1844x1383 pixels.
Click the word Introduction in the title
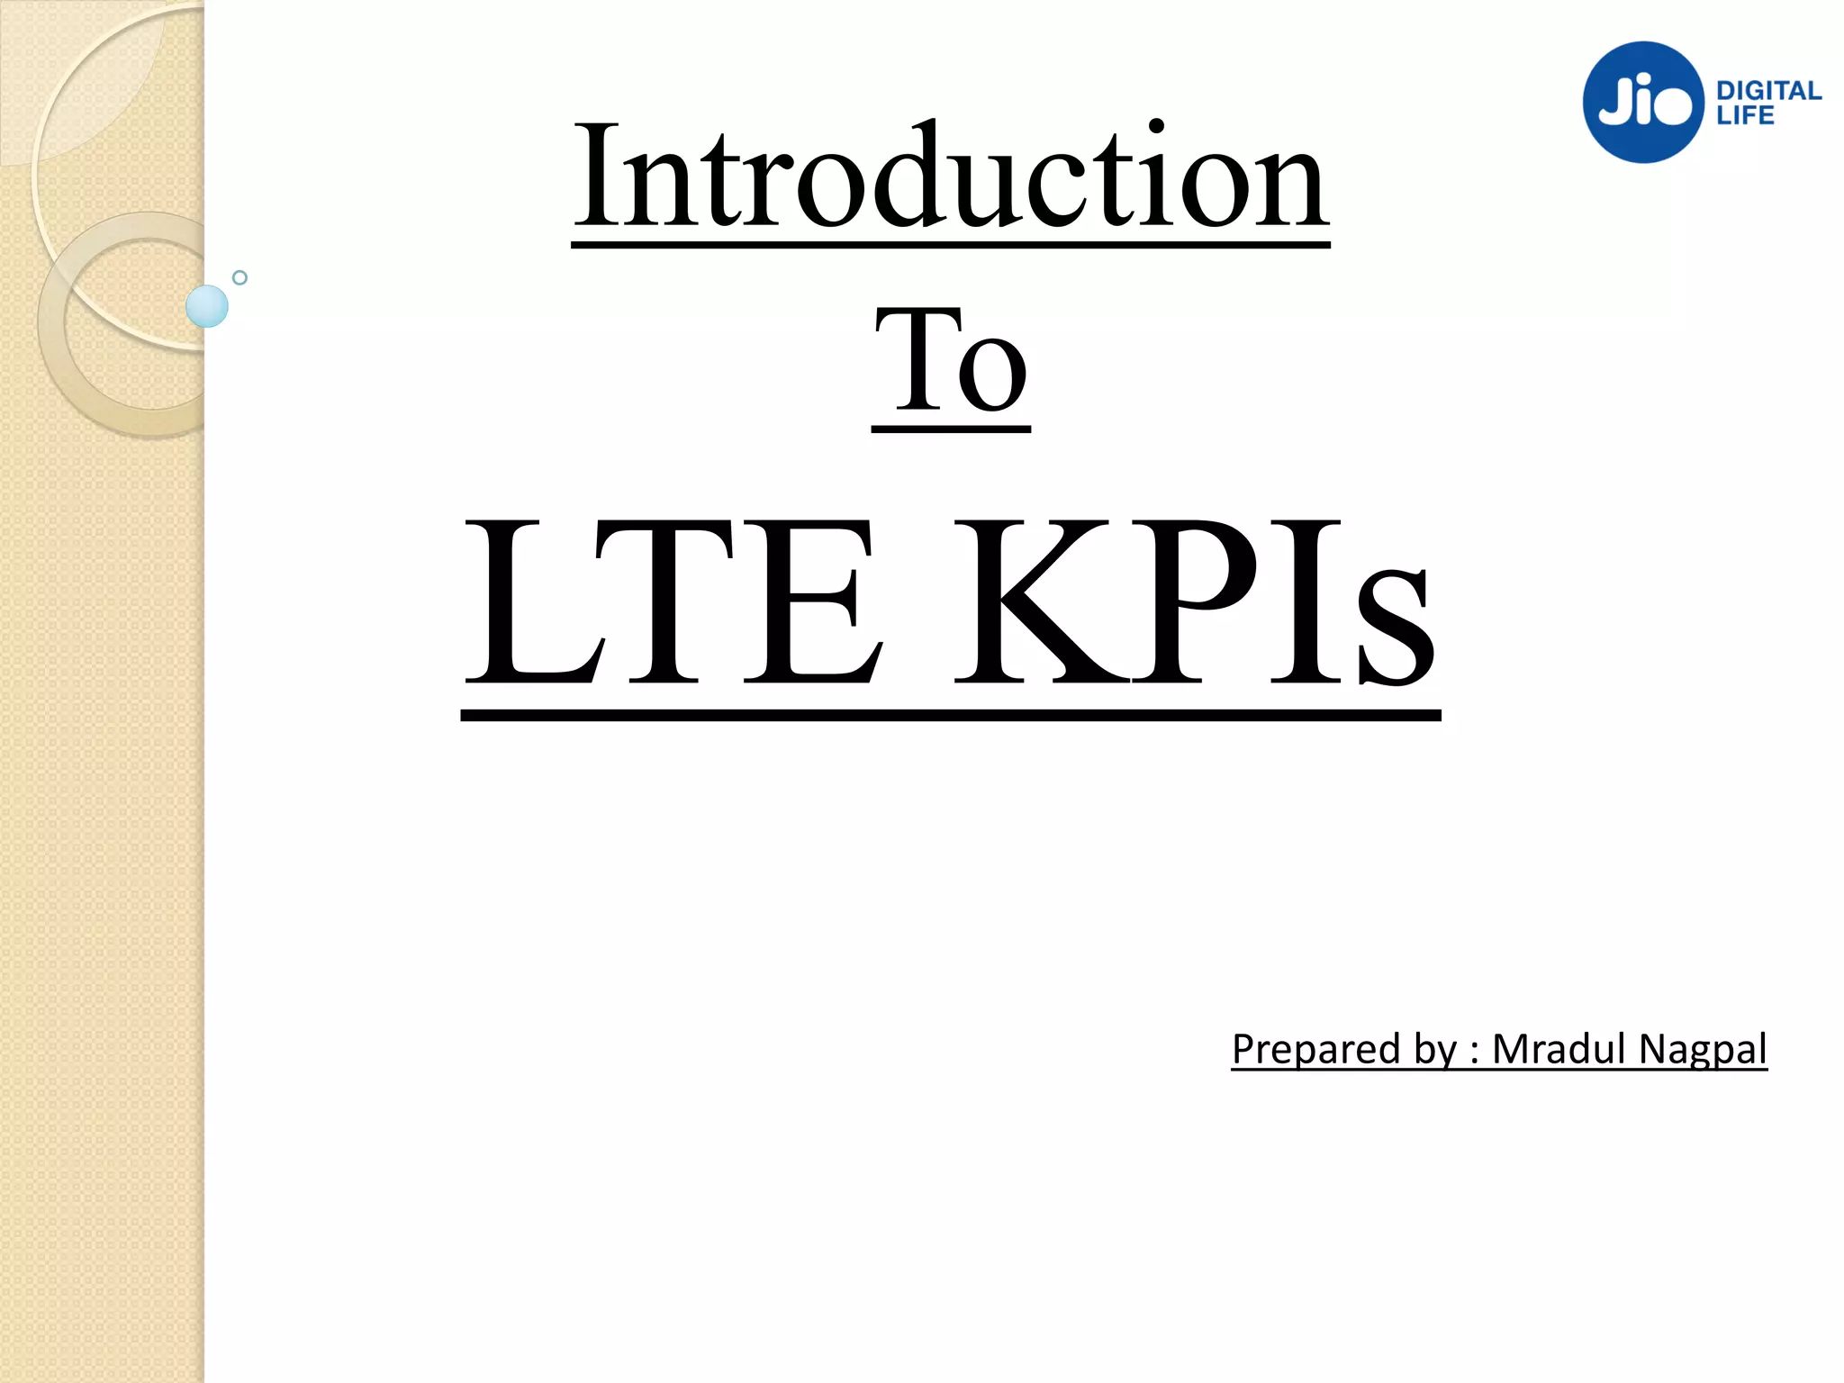coord(950,176)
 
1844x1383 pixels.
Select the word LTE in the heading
coord(671,601)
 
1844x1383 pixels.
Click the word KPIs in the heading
coord(1194,601)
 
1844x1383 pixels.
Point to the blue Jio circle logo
coord(1643,103)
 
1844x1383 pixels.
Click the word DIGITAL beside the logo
coord(1768,91)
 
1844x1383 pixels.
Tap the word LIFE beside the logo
coord(1745,115)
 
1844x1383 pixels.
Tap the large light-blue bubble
coord(207,306)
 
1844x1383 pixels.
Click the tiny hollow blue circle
coord(240,277)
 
